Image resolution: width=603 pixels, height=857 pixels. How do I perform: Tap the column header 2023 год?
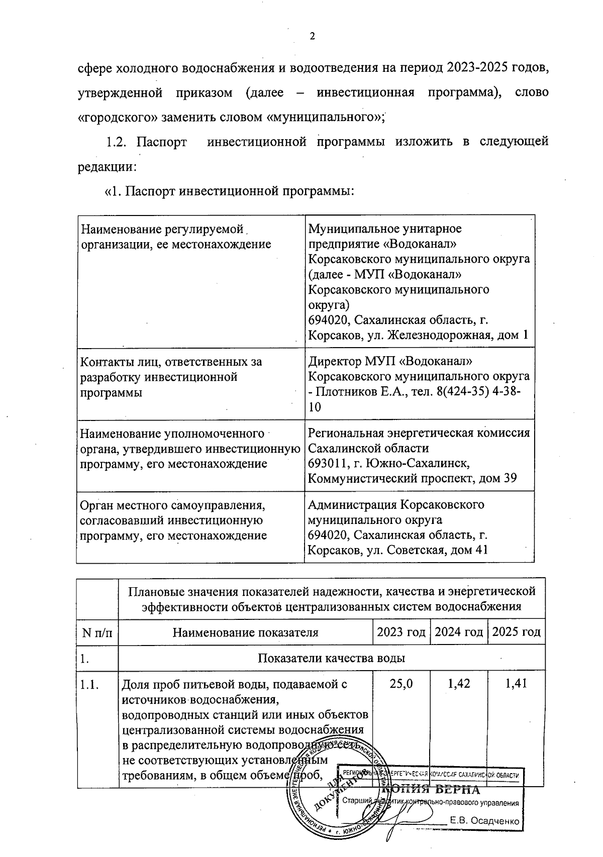point(400,631)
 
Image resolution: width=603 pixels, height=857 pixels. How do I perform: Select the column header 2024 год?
point(458,631)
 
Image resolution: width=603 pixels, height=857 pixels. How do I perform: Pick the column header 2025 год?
point(516,631)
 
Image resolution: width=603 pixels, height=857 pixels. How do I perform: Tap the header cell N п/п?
point(97,632)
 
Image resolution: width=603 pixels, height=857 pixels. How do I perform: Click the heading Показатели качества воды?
point(331,658)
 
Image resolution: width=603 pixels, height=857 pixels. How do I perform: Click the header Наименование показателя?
point(245,632)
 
